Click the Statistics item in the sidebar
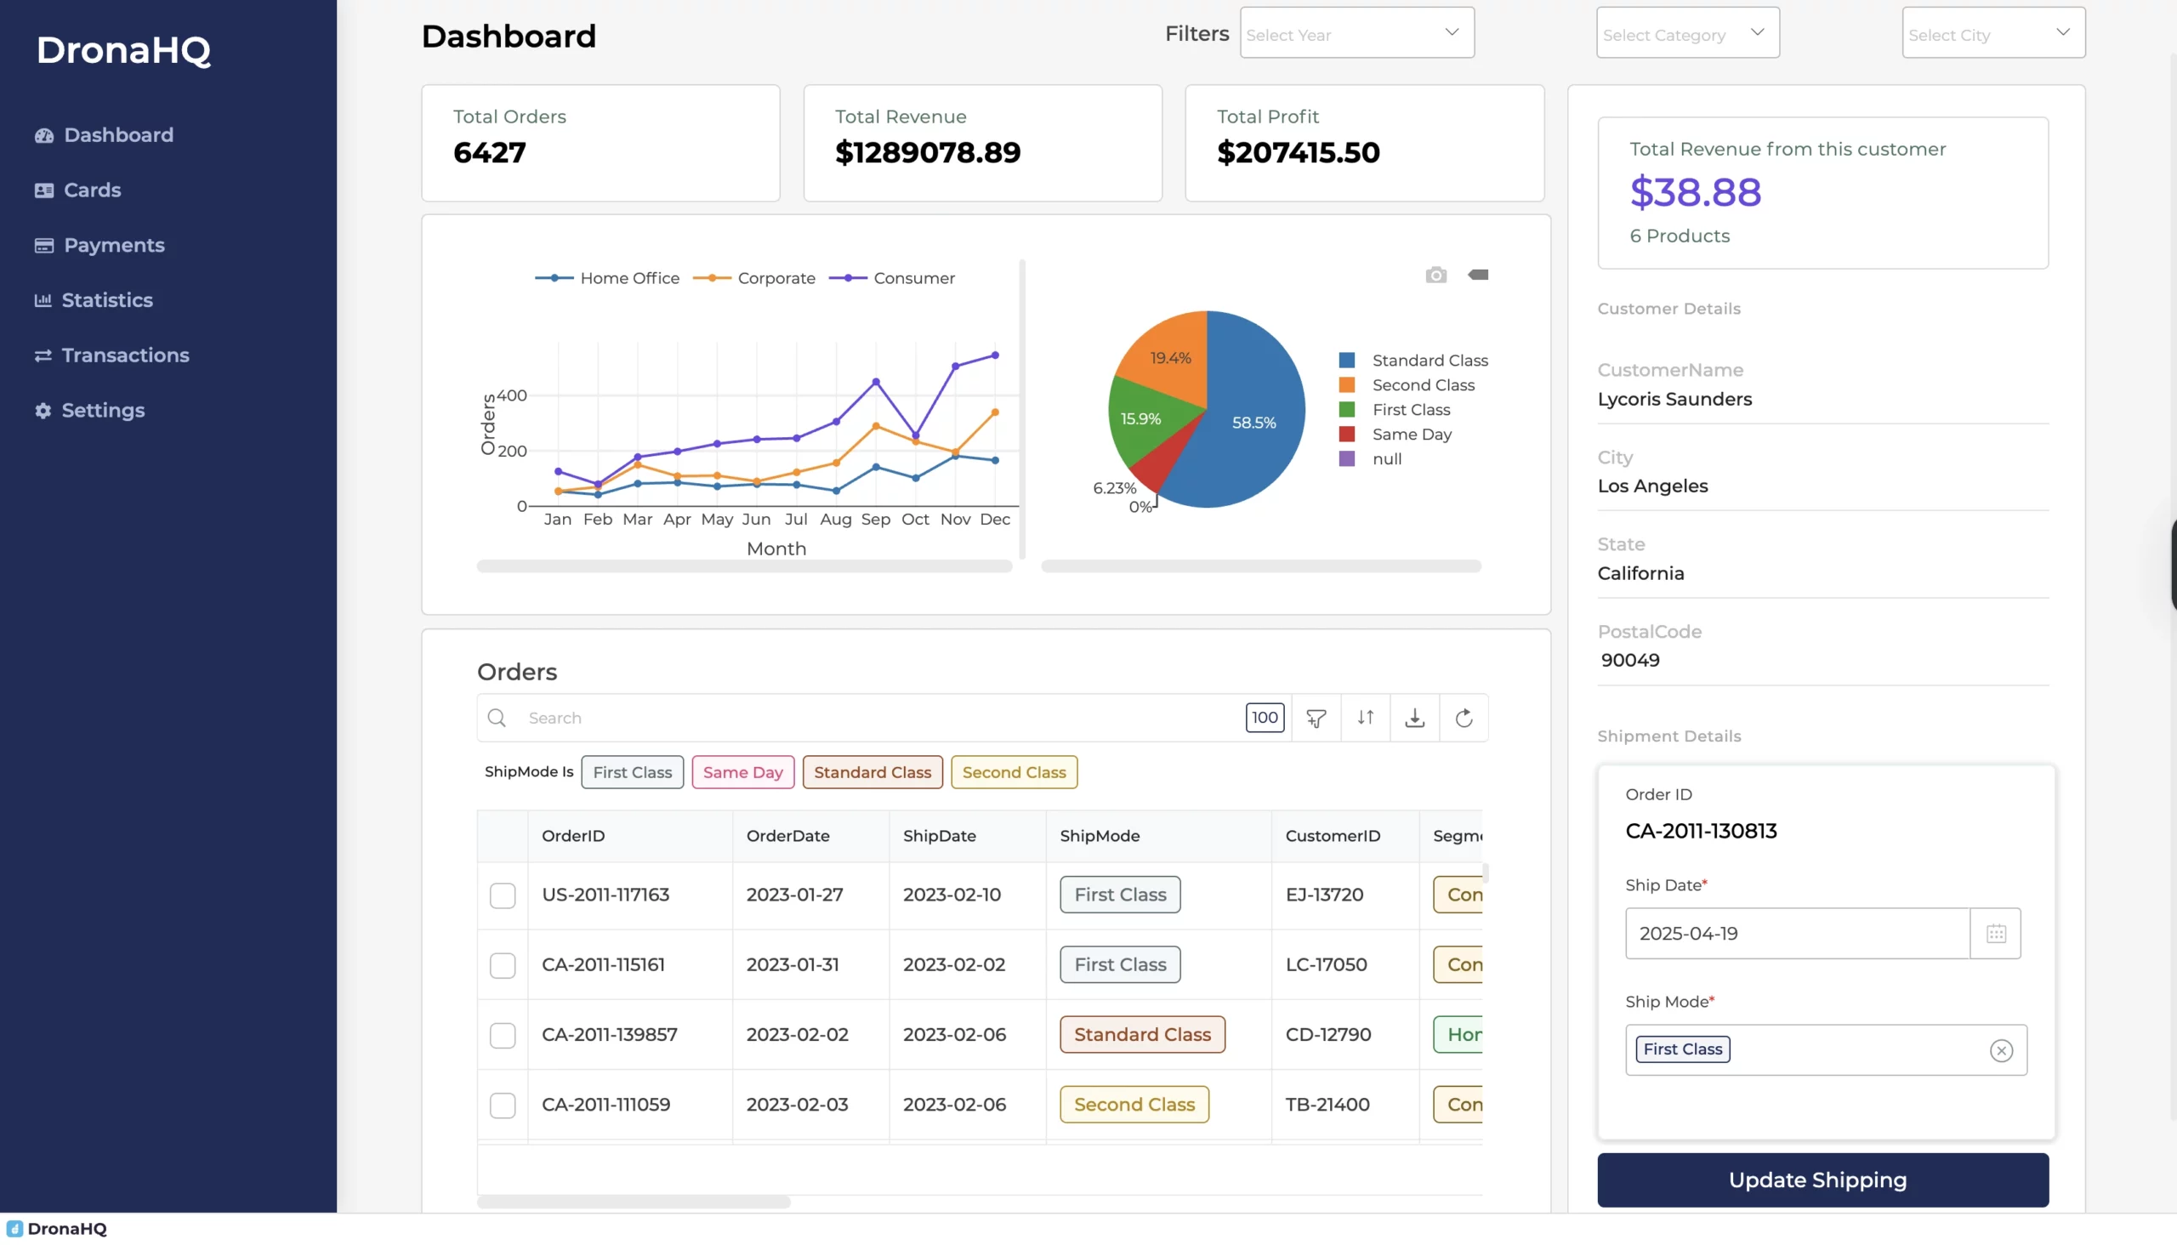pyautogui.click(x=106, y=300)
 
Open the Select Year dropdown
pyautogui.click(x=1356, y=34)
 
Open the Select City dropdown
pyautogui.click(x=1992, y=34)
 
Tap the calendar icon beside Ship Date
pyautogui.click(x=1995, y=934)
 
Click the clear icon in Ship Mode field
pyautogui.click(x=2000, y=1051)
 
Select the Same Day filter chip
pyautogui.click(x=742, y=772)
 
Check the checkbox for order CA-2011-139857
pyautogui.click(x=502, y=1036)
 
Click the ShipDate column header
pyautogui.click(x=939, y=836)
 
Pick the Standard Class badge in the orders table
pyautogui.click(x=1141, y=1035)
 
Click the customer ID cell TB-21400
pyautogui.click(x=1327, y=1105)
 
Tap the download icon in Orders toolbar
pyautogui.click(x=1414, y=719)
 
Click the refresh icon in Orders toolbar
pyautogui.click(x=1463, y=719)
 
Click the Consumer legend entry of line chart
pyautogui.click(x=912, y=278)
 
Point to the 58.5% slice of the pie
pyautogui.click(x=1253, y=423)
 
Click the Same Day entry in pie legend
pyautogui.click(x=1411, y=435)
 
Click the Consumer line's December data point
pyautogui.click(x=994, y=355)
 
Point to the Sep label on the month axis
pyautogui.click(x=875, y=519)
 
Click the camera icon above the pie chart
pyautogui.click(x=1435, y=276)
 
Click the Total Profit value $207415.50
pyautogui.click(x=1297, y=153)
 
